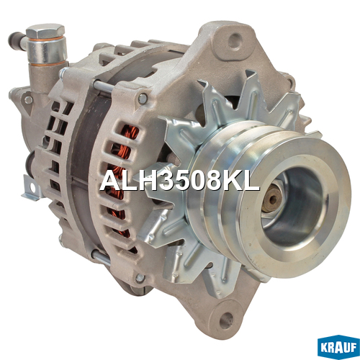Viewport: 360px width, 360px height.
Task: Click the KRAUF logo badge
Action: tap(338, 347)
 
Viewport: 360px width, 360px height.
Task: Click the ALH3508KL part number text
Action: tap(179, 181)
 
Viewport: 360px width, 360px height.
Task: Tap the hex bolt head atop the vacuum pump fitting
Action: tap(45, 31)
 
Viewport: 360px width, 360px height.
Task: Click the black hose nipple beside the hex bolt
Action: tap(17, 41)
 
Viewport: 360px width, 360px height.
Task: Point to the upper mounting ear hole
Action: tap(235, 41)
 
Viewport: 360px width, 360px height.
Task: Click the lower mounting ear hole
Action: tap(226, 320)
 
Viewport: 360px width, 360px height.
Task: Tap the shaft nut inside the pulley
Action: tap(273, 199)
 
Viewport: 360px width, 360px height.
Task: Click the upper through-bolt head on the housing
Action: tap(143, 99)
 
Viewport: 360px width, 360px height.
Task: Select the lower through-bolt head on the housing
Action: tap(140, 278)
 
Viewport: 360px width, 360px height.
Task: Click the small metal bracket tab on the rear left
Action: tap(32, 189)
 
